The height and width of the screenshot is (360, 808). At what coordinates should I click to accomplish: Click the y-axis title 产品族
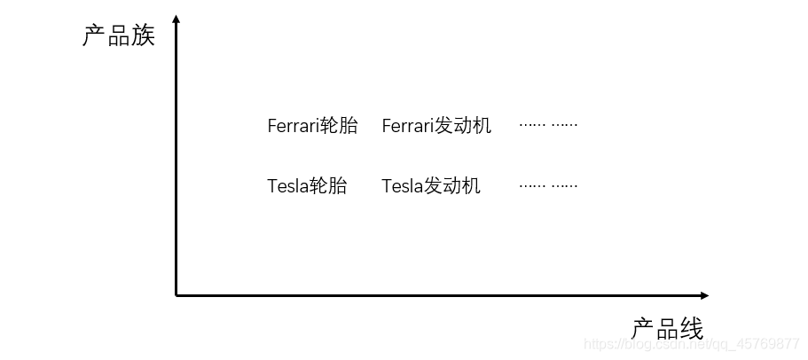pyautogui.click(x=119, y=36)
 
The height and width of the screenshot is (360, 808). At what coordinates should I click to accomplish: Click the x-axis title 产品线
pyautogui.click(x=668, y=329)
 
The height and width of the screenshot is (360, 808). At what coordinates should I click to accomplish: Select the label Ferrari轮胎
pyautogui.click(x=312, y=126)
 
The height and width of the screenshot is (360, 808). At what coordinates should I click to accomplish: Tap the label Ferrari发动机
pyautogui.click(x=436, y=126)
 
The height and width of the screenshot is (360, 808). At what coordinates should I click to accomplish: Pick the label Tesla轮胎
pyautogui.click(x=307, y=186)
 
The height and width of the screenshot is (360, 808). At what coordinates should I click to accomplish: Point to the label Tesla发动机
pyautogui.click(x=431, y=186)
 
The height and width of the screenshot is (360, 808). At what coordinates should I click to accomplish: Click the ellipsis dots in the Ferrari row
pyautogui.click(x=548, y=125)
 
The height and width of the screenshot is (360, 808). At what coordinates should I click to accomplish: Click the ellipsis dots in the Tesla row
pyautogui.click(x=548, y=185)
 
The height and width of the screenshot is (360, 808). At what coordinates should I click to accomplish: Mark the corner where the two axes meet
pyautogui.click(x=177, y=295)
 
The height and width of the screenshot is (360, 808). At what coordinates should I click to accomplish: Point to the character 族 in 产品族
pyautogui.click(x=143, y=36)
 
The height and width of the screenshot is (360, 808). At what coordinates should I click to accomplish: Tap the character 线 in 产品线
pyautogui.click(x=692, y=329)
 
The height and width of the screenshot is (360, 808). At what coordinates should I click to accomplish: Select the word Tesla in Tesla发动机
pyautogui.click(x=402, y=186)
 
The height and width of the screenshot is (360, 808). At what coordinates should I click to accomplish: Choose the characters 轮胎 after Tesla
pyautogui.click(x=327, y=186)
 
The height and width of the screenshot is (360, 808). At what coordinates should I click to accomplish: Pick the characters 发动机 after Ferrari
pyautogui.click(x=462, y=126)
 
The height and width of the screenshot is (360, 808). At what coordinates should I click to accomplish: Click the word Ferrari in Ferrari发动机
pyautogui.click(x=407, y=126)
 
